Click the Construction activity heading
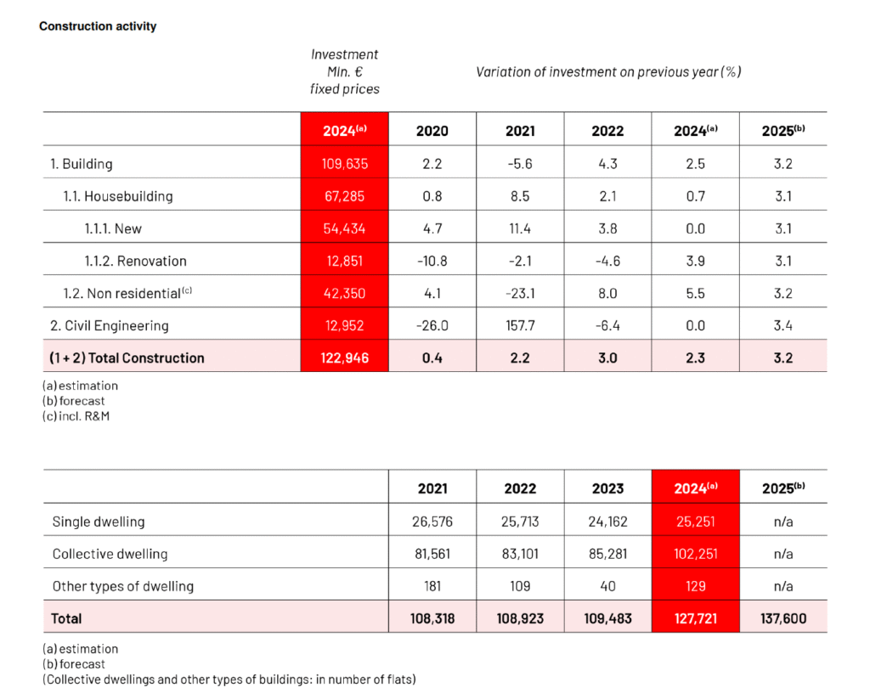point(98,26)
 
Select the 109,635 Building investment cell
point(345,164)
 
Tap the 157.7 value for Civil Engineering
point(520,325)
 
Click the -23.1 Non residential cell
point(520,293)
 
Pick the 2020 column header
point(432,131)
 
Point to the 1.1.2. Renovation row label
point(135,261)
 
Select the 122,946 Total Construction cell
point(345,358)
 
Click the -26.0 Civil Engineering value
point(432,325)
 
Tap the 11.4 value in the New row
point(520,228)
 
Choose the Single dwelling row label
point(99,521)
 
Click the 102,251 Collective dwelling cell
point(696,554)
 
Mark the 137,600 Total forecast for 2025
point(783,618)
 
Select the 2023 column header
point(608,488)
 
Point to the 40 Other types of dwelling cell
point(608,586)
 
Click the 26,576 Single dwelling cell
point(432,521)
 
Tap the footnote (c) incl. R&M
point(76,416)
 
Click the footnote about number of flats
point(229,679)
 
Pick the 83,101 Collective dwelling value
point(520,554)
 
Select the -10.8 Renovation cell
point(432,261)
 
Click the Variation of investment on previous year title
point(608,71)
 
